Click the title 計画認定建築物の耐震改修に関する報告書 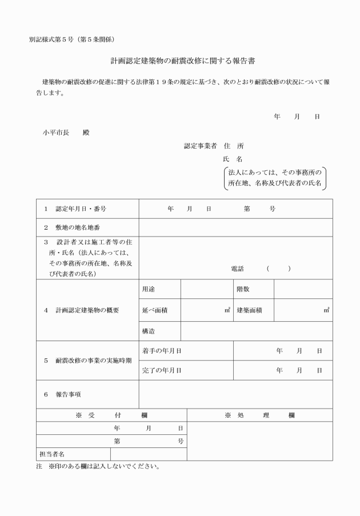pos(179,60)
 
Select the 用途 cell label pos(149,289)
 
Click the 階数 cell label pos(243,289)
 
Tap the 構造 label pos(149,331)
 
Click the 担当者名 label pos(51,454)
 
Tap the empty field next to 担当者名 pos(149,454)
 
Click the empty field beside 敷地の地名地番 pos(235,227)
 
